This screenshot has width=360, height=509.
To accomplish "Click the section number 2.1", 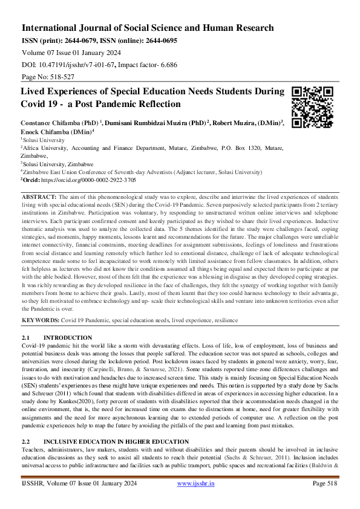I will [26, 337].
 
